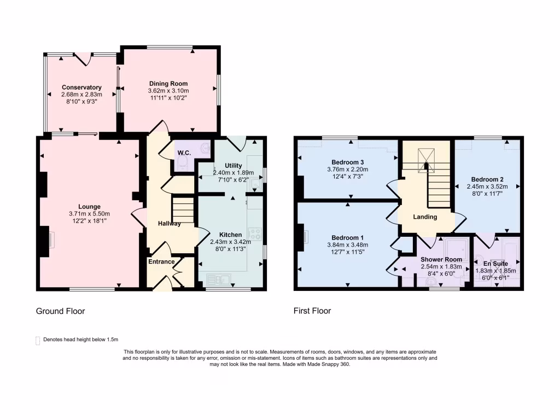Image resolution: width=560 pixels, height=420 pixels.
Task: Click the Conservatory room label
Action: tap(81, 87)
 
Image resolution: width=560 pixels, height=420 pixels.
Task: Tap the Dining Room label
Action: tap(168, 83)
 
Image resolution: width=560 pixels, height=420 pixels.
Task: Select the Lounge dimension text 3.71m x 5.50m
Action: tap(90, 214)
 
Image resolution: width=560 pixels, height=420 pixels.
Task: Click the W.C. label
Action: tap(184, 153)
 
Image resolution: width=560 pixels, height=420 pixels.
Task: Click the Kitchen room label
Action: tap(230, 235)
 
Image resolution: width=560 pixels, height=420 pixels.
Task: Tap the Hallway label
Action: tap(170, 224)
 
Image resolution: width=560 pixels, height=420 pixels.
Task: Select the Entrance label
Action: tap(161, 261)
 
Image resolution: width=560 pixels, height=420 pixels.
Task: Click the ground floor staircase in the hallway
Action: tap(183, 210)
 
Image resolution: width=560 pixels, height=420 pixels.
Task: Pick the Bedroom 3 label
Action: tap(348, 162)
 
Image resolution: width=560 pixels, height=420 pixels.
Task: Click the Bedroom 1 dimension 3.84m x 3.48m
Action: tap(348, 245)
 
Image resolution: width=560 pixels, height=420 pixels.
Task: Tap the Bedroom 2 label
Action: tap(487, 179)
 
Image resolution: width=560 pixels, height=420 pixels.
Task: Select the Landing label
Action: tap(425, 217)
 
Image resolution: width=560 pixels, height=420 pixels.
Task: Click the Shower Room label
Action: tap(441, 260)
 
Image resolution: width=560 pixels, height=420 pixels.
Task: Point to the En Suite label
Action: tap(495, 264)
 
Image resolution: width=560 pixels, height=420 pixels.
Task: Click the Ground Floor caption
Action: tap(60, 311)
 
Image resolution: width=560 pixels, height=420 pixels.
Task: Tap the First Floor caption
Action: tap(312, 311)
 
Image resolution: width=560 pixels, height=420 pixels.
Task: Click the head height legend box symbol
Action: tap(38, 341)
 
